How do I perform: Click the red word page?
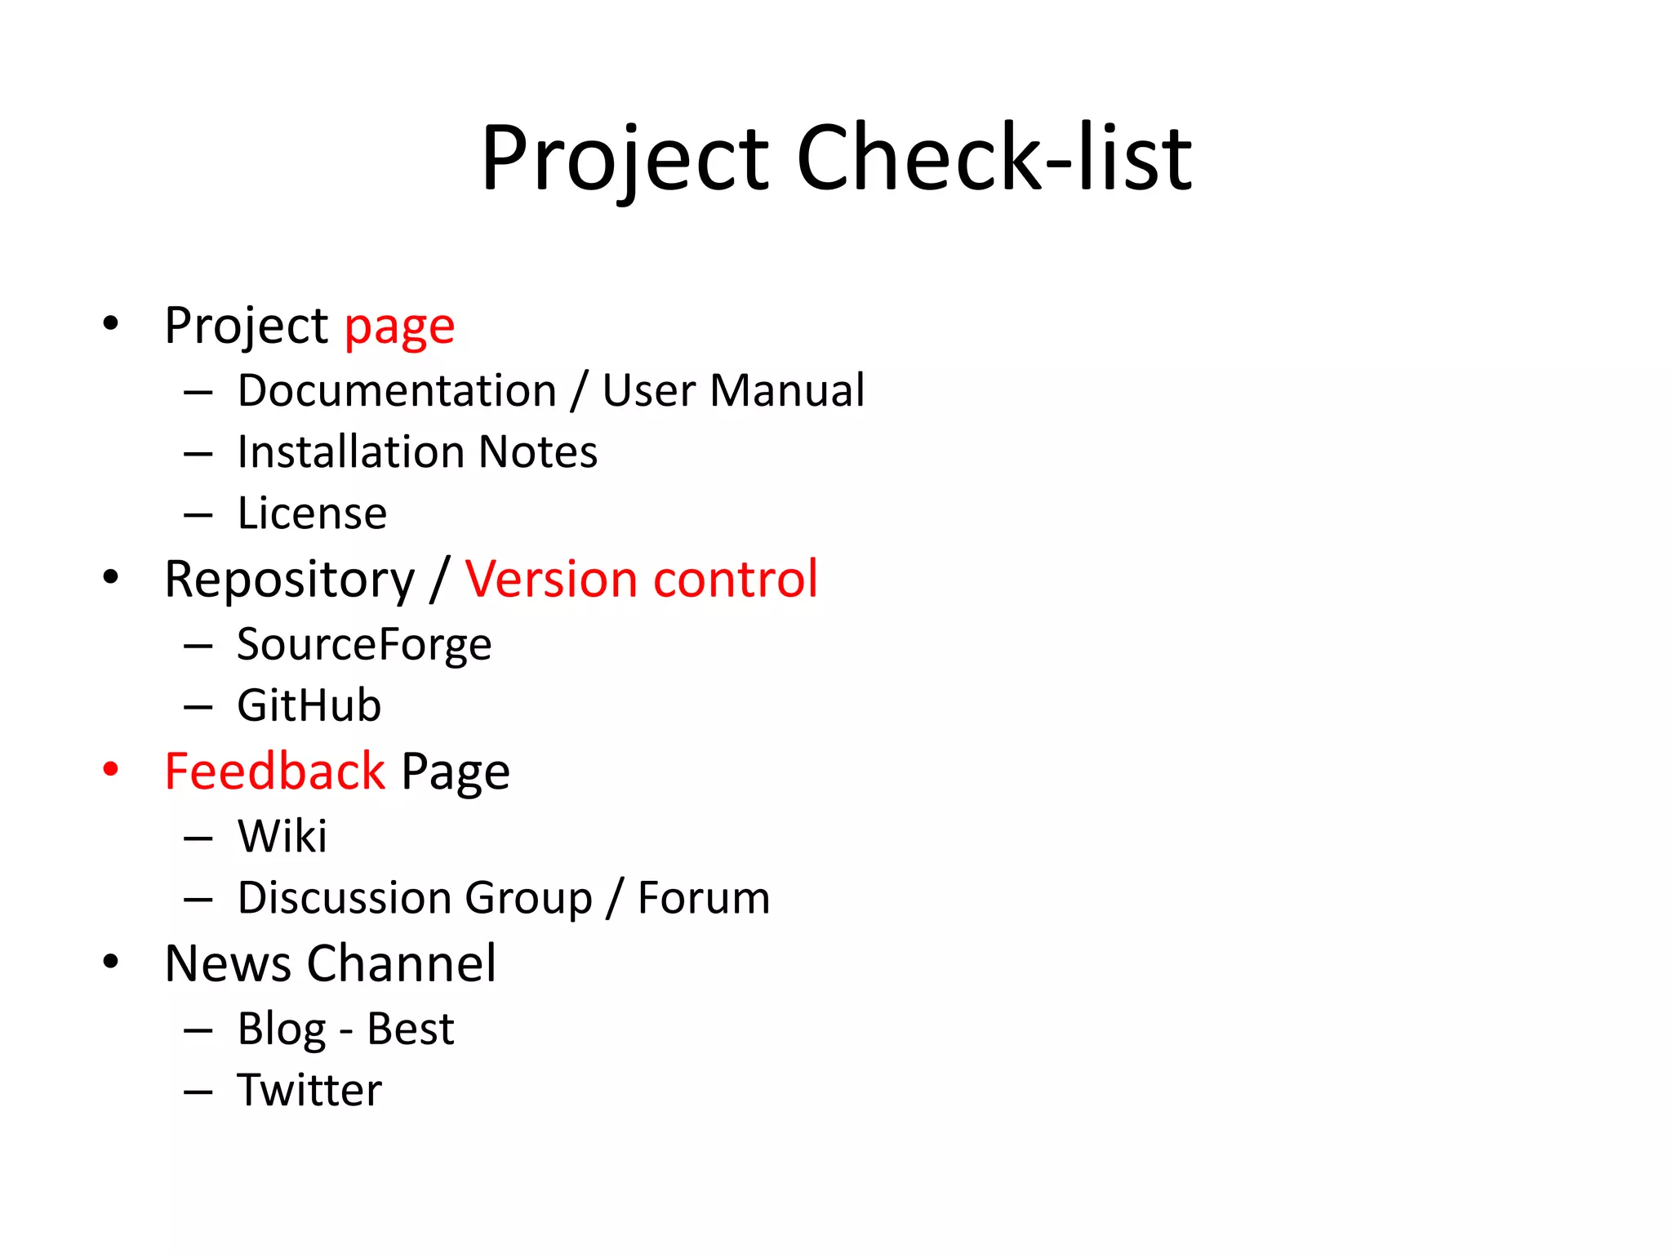(399, 327)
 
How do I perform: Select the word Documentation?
(397, 390)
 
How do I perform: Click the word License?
(312, 514)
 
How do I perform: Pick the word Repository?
(290, 580)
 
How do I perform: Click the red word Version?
(552, 580)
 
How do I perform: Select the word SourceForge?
(364, 644)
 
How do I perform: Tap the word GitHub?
(309, 705)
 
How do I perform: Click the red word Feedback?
(274, 772)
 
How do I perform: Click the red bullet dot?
(111, 769)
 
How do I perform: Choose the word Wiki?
(282, 836)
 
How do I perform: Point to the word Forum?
(704, 898)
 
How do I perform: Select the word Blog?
(282, 1029)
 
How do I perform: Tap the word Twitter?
(309, 1090)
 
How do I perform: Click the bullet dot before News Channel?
(111, 961)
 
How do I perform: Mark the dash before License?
(198, 515)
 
